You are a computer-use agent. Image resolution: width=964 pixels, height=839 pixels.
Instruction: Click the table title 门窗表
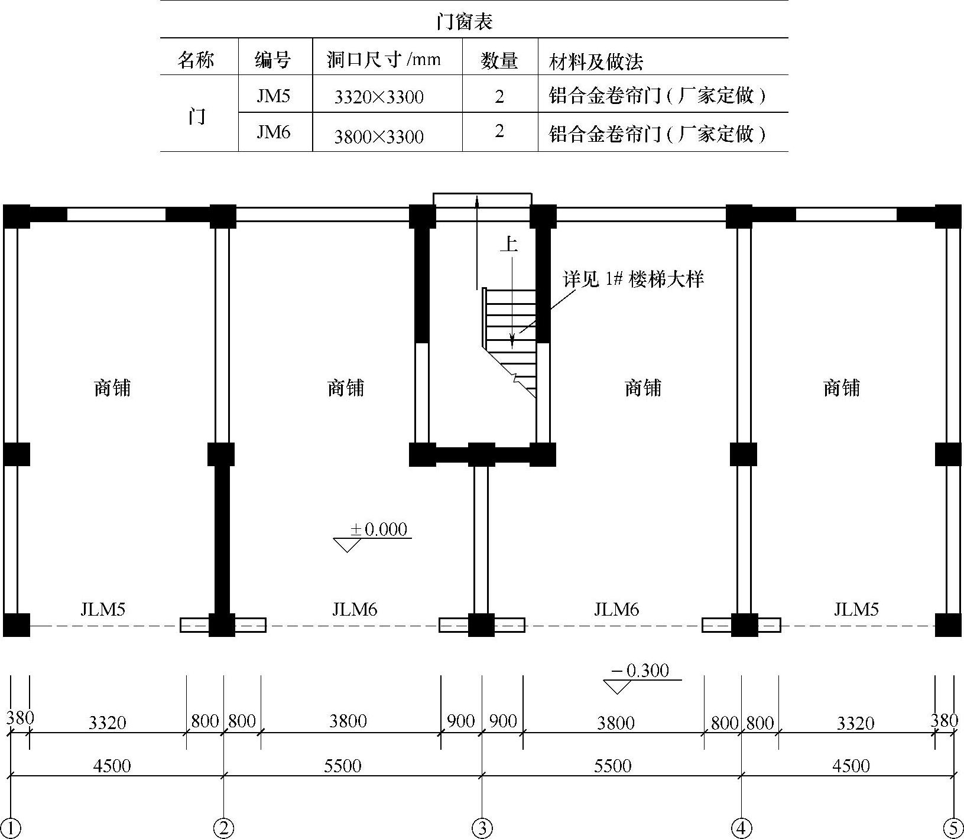(464, 22)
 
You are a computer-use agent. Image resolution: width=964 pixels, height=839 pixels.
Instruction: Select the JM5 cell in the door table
(273, 96)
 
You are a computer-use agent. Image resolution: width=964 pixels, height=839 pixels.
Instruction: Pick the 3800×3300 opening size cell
(379, 136)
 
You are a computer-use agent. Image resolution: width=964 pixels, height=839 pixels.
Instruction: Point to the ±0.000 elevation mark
(378, 529)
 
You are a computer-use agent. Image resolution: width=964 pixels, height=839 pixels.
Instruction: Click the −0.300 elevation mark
(641, 671)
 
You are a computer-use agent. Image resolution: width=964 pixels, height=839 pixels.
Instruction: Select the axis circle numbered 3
(482, 828)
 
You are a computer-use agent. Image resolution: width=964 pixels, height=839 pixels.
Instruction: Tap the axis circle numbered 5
(953, 828)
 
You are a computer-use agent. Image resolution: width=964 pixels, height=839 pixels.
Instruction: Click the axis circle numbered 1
(11, 828)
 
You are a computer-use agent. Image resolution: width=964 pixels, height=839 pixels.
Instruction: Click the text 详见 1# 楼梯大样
(634, 279)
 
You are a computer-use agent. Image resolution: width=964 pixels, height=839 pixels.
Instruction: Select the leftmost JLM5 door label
(103, 609)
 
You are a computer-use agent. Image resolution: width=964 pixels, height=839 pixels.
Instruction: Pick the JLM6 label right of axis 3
(616, 609)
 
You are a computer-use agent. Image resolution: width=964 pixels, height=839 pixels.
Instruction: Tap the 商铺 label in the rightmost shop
(841, 388)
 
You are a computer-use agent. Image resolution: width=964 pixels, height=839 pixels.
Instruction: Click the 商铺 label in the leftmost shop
(112, 388)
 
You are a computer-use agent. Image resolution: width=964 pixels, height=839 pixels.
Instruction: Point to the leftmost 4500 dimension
(112, 766)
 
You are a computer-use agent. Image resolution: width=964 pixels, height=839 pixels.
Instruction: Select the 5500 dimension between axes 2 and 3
(343, 766)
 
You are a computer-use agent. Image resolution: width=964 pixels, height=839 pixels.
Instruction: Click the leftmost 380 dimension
(20, 718)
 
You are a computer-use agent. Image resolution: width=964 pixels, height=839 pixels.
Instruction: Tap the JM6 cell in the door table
(273, 132)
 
